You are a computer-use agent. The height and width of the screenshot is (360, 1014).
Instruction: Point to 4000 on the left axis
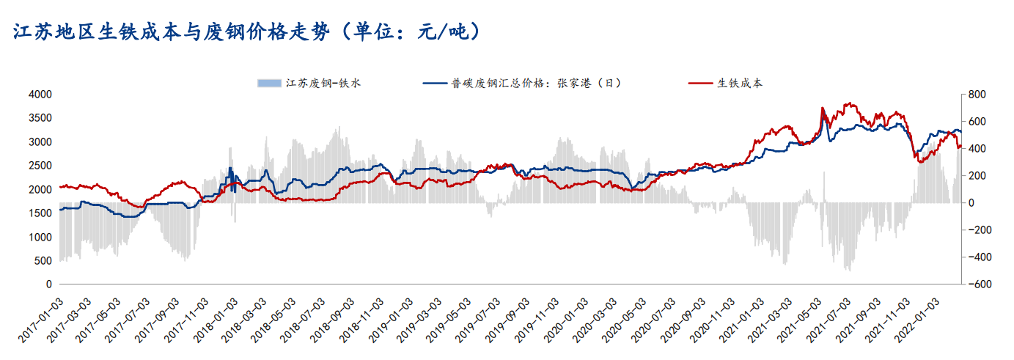[40, 95]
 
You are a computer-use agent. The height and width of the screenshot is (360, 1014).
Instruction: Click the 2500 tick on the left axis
[40, 166]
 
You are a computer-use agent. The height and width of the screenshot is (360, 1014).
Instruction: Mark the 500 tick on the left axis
[45, 260]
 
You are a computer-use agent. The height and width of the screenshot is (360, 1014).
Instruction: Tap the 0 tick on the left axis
[48, 284]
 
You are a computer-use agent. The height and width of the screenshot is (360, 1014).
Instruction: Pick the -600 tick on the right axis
[975, 284]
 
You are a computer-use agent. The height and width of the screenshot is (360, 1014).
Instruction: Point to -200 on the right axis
[975, 229]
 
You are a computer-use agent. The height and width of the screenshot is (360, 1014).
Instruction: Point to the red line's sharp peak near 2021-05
[822, 108]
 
